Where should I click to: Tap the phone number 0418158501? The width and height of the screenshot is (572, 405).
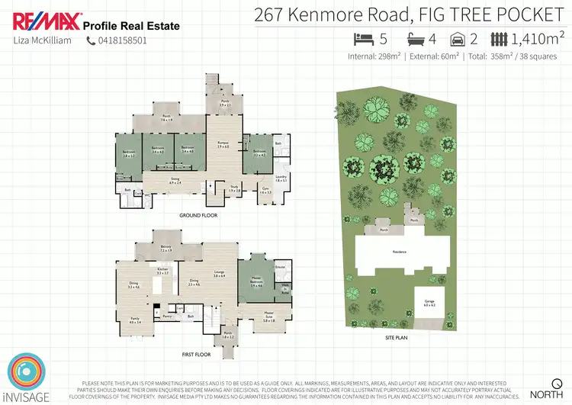tap(121, 40)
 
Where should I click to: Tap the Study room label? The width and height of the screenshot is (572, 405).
tap(235, 188)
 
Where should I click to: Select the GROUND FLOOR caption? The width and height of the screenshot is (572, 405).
tap(198, 216)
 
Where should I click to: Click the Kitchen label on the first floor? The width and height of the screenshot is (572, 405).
tap(162, 271)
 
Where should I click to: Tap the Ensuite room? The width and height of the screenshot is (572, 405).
tap(279, 268)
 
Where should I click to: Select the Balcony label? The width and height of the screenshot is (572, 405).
tap(166, 248)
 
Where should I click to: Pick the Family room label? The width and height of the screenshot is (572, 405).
tap(136, 320)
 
